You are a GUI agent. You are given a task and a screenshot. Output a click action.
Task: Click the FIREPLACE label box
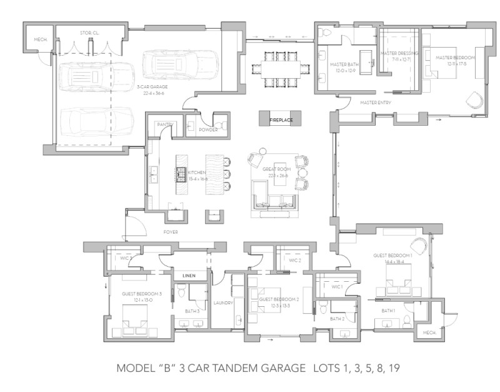[x=281, y=119]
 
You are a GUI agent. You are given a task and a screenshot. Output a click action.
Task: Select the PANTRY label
[x=164, y=125]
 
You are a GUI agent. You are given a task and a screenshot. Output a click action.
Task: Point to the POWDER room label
[x=208, y=130]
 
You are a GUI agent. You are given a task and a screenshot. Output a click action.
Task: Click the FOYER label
[x=171, y=232]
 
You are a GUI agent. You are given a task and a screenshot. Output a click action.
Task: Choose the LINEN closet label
[x=189, y=276]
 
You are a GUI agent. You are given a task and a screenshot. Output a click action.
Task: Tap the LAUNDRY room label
[x=224, y=303]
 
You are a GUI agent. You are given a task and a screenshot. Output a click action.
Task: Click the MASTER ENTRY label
[x=376, y=102]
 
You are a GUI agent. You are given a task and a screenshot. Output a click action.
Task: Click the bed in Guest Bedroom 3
[x=134, y=318]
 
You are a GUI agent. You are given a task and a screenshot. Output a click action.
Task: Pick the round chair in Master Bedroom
[x=474, y=100]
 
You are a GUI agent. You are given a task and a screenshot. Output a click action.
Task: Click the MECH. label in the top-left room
[x=41, y=39]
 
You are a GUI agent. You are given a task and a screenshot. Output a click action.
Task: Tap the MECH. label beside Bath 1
[x=429, y=333]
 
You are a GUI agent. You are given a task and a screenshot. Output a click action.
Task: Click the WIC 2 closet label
[x=295, y=260]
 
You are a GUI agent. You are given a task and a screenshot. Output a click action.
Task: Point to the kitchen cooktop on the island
[x=181, y=173]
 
